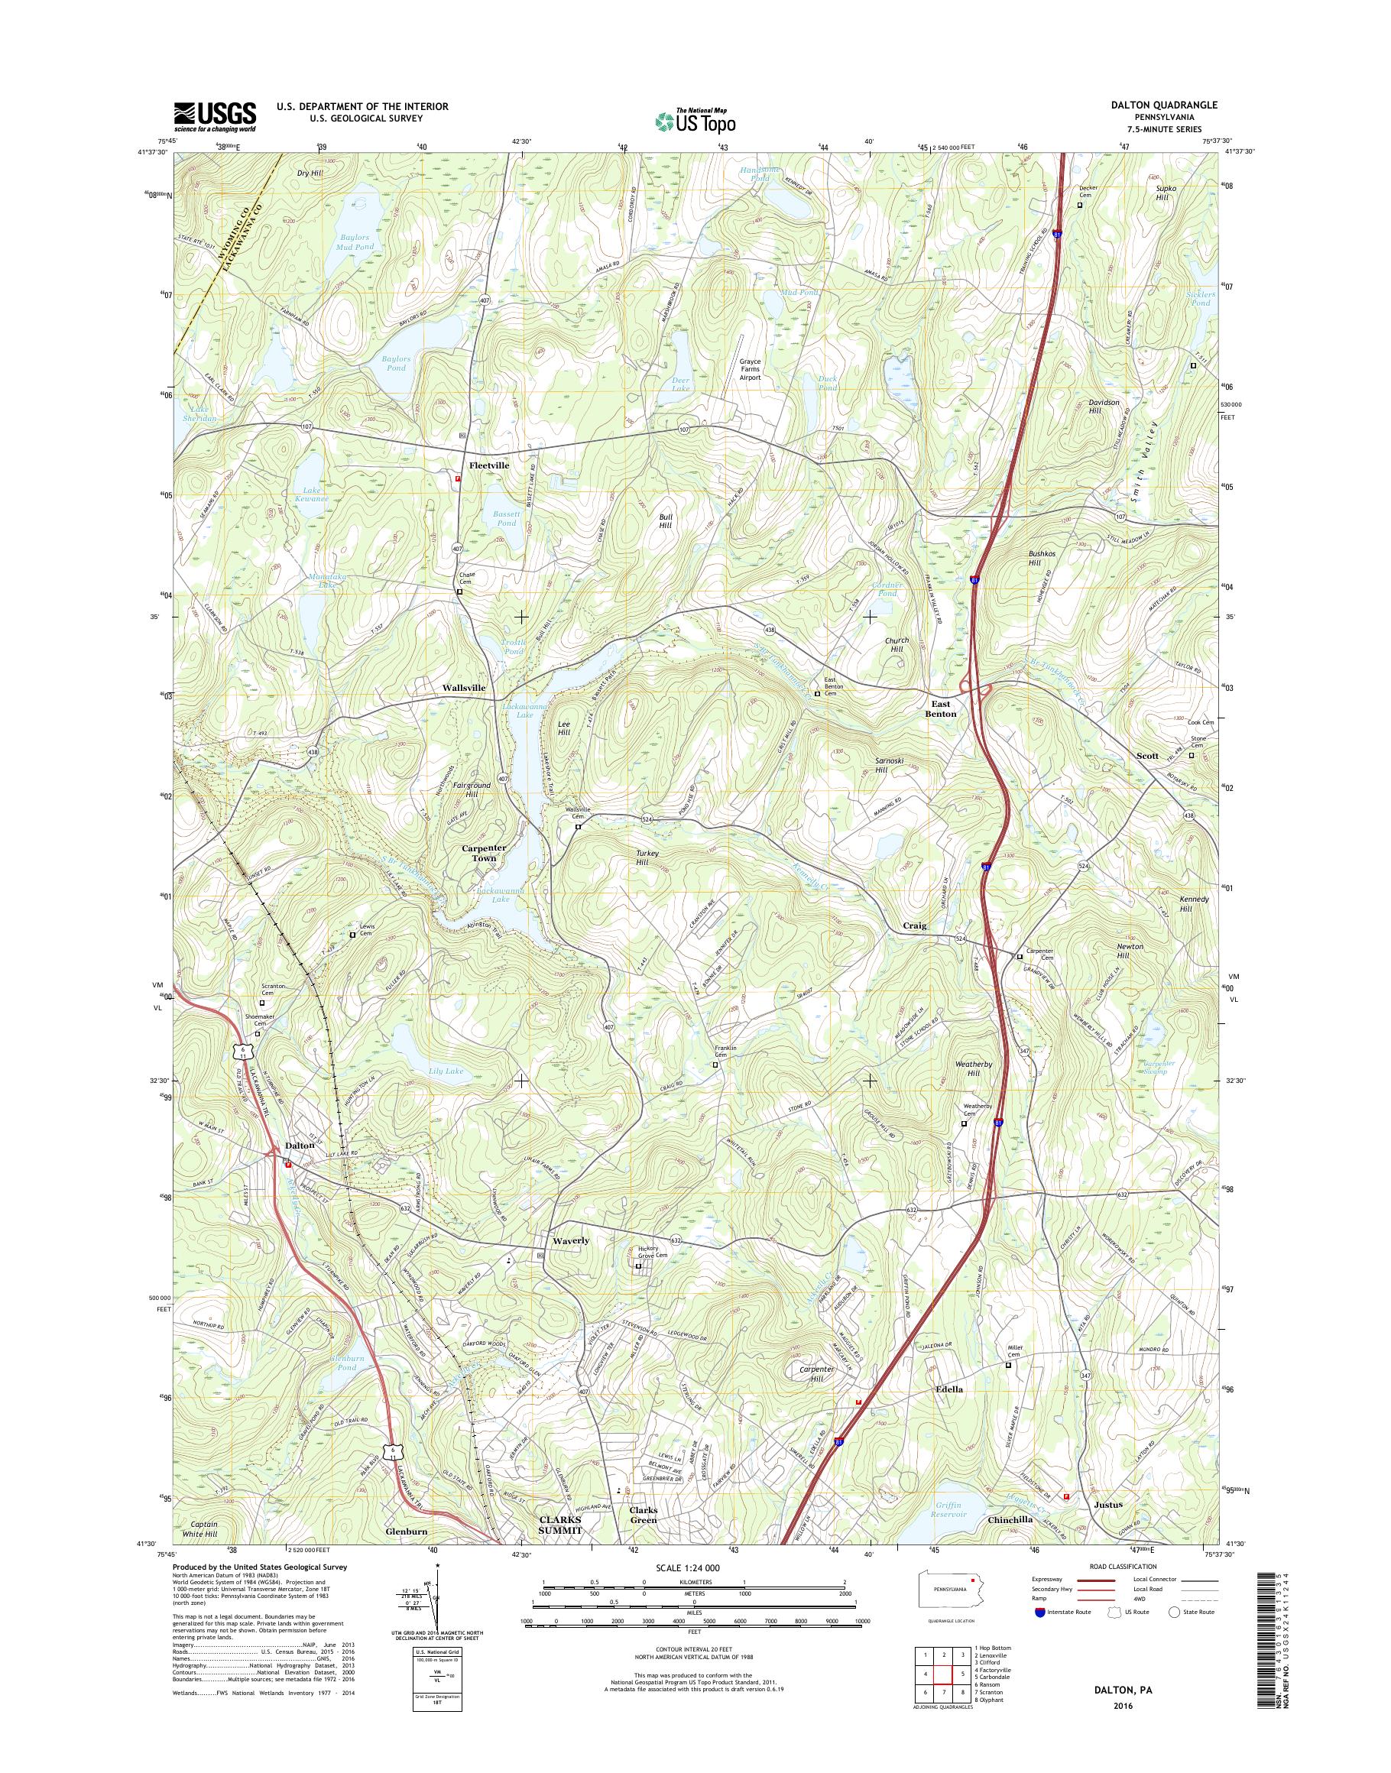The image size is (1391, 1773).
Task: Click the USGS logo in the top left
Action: [214, 116]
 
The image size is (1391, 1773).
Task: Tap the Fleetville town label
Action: [488, 465]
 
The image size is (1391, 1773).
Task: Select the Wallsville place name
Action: [463, 687]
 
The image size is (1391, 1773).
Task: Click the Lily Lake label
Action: [444, 1071]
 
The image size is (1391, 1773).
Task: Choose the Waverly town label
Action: [570, 1240]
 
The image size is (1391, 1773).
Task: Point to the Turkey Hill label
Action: [647, 857]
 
